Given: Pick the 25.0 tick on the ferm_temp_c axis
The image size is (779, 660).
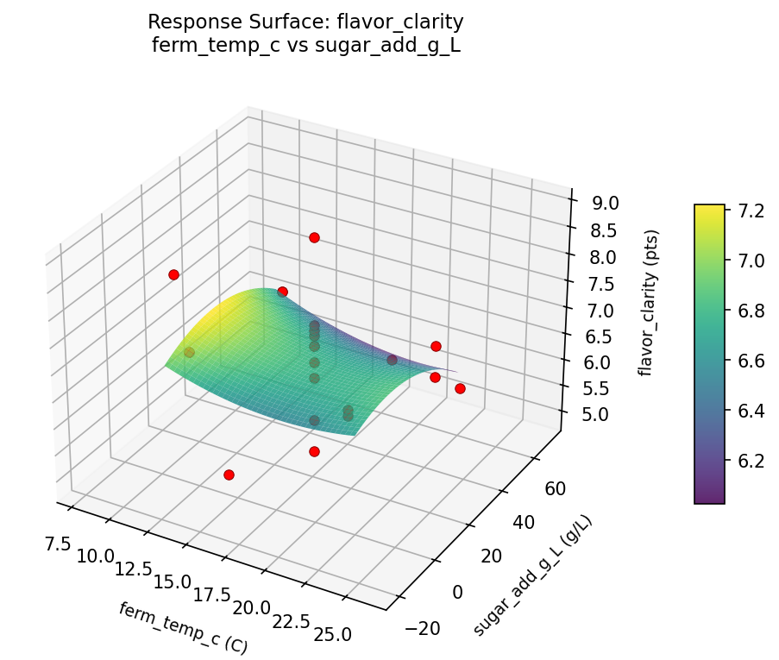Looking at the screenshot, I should click(332, 635).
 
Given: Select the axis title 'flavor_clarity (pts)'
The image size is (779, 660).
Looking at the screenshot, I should click(653, 303).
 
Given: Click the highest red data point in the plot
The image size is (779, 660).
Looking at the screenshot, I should click(314, 237).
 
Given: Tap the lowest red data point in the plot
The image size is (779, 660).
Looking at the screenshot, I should click(229, 475).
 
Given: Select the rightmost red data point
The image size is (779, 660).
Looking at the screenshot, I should click(460, 388).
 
